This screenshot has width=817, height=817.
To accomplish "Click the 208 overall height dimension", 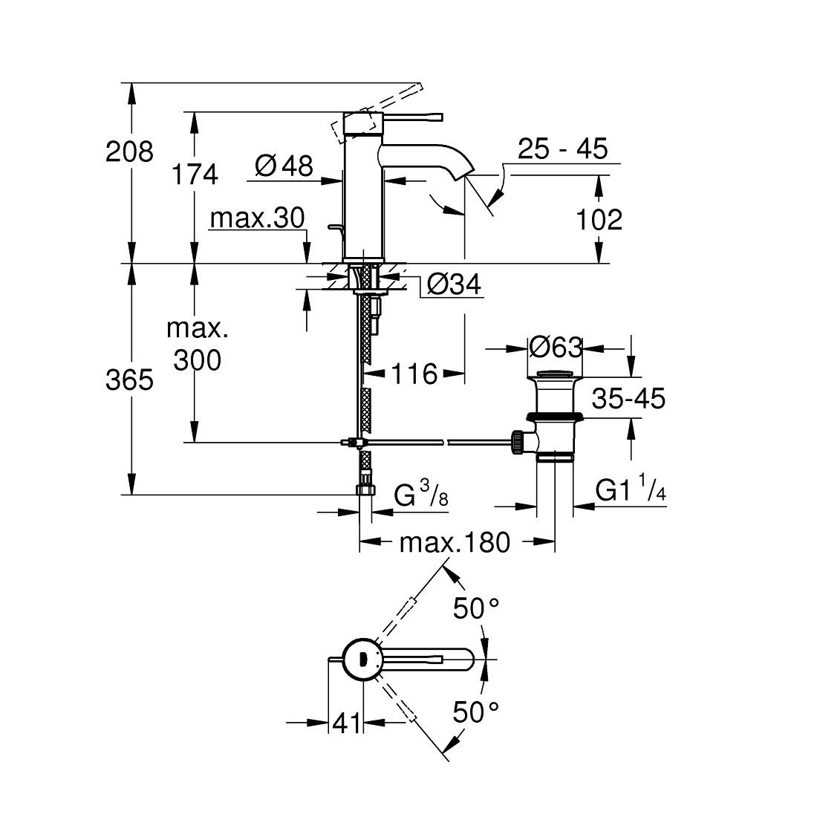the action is point(129,152).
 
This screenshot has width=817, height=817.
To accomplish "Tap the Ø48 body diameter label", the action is point(284,166).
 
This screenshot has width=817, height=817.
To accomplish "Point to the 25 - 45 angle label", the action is point(563,149).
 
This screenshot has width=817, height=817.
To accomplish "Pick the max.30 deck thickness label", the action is point(258,218).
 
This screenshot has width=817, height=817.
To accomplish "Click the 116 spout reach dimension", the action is point(414,374).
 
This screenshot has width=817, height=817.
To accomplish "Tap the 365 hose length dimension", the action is point(129,380).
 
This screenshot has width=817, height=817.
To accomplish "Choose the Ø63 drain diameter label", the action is point(556,347).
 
